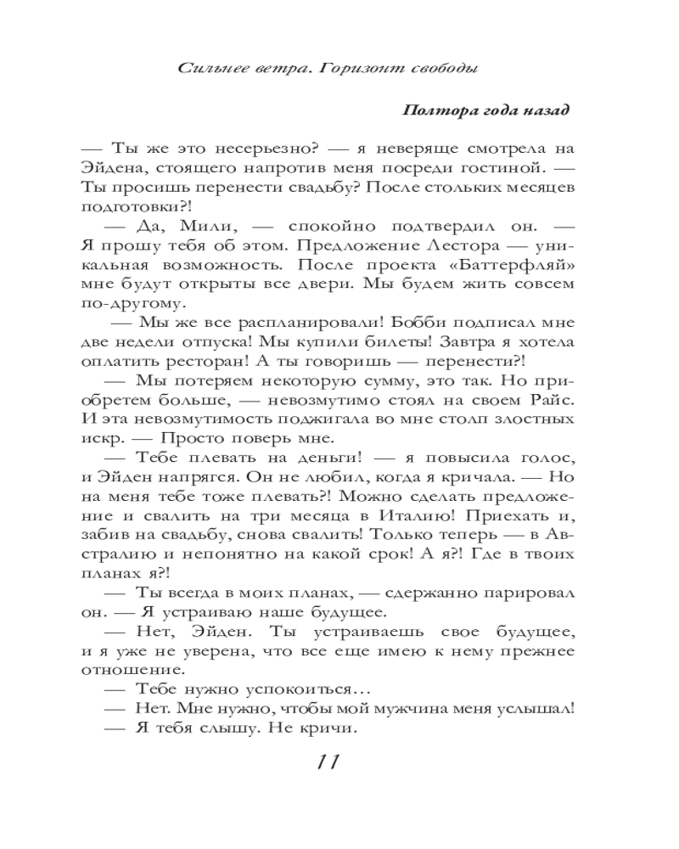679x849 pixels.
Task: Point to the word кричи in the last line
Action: [x=325, y=728]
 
